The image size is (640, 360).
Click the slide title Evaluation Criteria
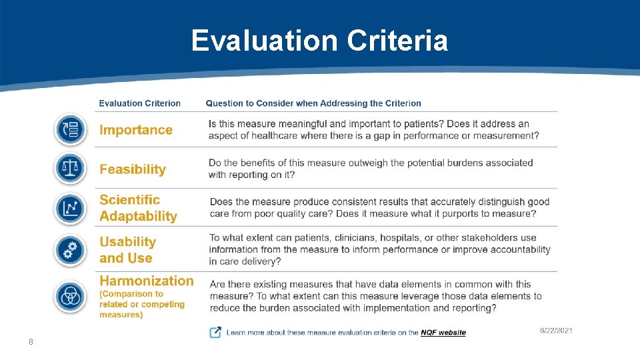319,41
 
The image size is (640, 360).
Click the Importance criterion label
136,130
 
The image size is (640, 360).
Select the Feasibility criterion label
133,169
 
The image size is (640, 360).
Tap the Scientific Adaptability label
138,208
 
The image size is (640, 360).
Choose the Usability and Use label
127,250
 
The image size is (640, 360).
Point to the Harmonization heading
147,281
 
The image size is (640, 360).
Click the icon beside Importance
70,129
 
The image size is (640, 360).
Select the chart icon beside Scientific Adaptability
70,209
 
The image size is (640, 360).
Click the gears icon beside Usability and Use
70,250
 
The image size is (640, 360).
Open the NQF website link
443,333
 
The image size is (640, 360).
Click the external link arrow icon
215,332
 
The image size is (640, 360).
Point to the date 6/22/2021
555,331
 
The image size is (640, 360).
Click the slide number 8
31,342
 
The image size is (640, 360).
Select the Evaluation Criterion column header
140,103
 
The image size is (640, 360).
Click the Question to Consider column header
313,103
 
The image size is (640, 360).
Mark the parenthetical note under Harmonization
141,304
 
